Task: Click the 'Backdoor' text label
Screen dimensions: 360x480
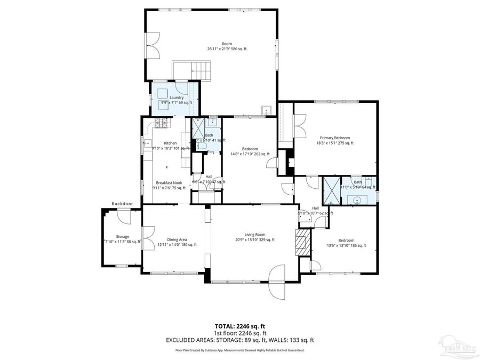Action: pos(122,204)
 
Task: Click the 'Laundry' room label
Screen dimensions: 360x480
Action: pos(177,98)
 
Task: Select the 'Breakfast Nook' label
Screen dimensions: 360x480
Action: pos(169,183)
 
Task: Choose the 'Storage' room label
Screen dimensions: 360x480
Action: pos(123,237)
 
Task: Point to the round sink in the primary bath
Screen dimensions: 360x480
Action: pos(355,201)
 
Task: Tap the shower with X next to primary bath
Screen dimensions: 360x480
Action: pos(331,190)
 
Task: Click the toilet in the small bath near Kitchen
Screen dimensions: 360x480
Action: pos(212,121)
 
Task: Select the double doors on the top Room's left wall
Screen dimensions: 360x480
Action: pos(153,45)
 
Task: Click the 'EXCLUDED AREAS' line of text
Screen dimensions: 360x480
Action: pos(239,339)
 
